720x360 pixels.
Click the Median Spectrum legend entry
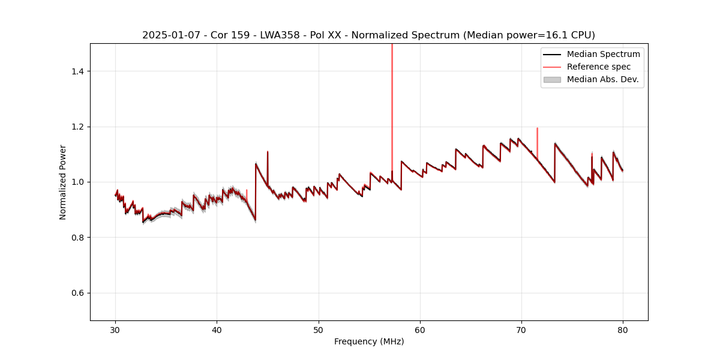pos(603,54)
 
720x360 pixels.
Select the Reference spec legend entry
pos(599,67)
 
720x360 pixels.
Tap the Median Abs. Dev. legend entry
pos(602,79)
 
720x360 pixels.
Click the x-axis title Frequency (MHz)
pos(369,341)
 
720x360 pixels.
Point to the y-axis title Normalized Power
pos(63,182)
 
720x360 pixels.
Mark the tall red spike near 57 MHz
pos(392,90)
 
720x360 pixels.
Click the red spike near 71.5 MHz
pos(537,141)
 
